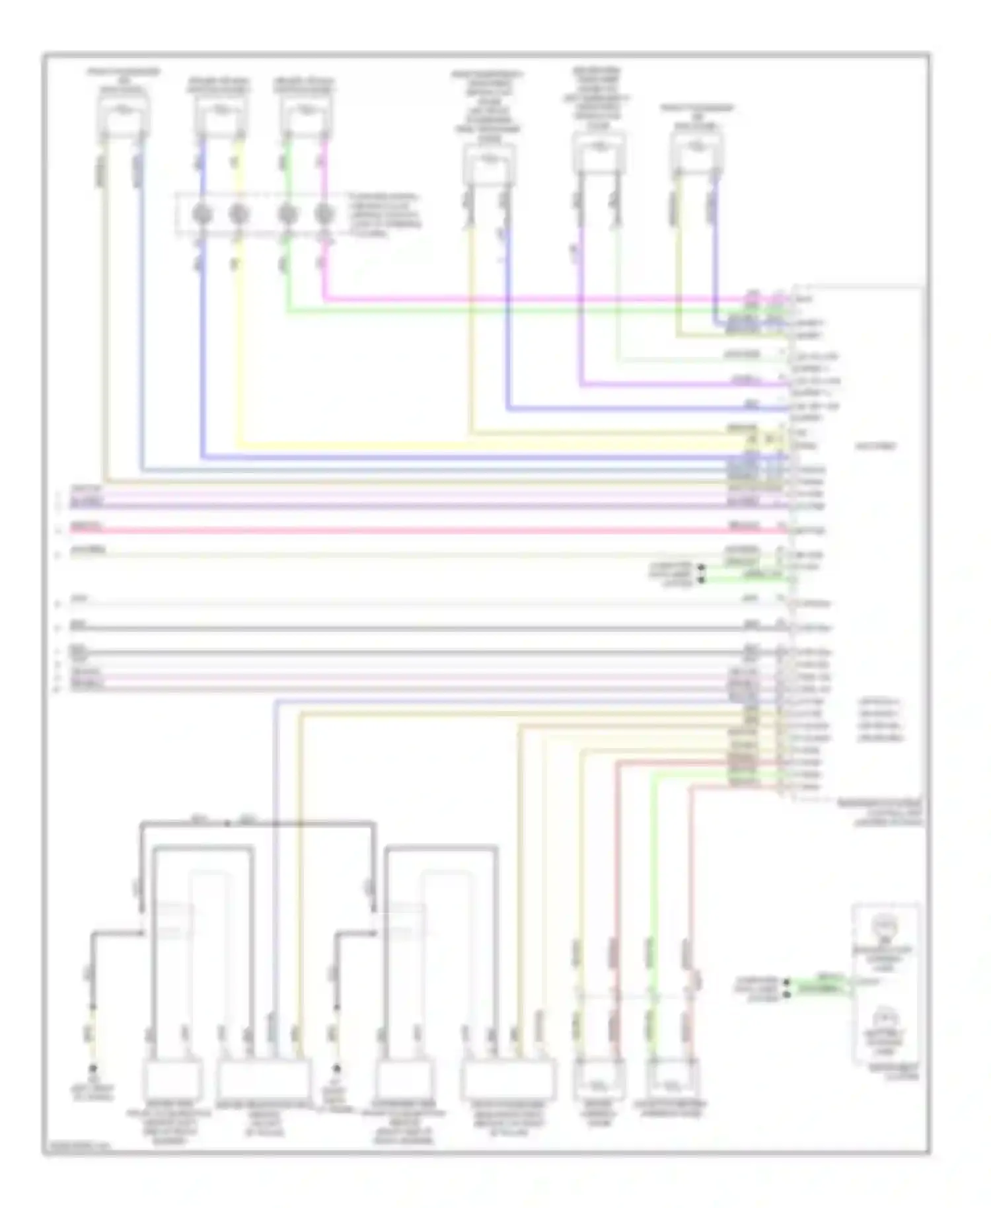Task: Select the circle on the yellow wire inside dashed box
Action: point(239,214)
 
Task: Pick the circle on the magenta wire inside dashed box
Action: point(323,214)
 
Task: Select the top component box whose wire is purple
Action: point(598,153)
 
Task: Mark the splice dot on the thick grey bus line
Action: point(227,823)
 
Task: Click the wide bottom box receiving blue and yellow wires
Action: point(264,1080)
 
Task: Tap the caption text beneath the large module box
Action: point(879,813)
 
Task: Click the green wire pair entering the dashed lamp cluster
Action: point(819,985)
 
